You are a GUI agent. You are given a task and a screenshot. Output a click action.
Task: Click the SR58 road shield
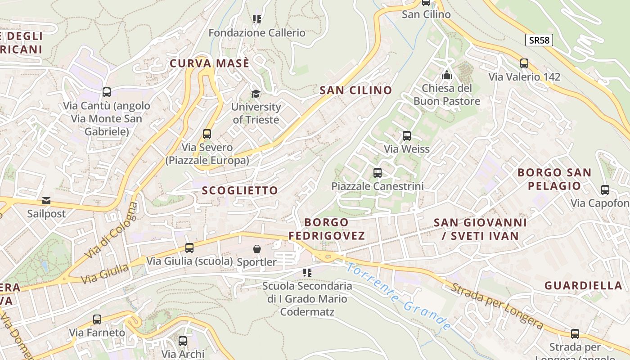coord(539,40)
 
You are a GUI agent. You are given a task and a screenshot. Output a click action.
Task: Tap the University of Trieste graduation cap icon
coord(256,94)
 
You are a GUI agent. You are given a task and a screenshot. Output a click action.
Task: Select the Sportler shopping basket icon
coord(256,249)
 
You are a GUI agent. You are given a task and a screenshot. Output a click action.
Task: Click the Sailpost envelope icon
coord(46,201)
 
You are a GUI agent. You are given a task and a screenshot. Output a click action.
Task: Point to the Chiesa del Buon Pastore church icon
coord(447,75)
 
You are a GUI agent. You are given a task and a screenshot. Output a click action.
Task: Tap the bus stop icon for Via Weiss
coord(407,135)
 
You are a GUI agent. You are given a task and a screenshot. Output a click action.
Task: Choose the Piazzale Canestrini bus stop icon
coord(378,172)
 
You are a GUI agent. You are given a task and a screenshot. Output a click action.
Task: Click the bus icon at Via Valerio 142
coord(524,63)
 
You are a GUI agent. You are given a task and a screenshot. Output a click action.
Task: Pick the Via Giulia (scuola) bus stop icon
coord(189,248)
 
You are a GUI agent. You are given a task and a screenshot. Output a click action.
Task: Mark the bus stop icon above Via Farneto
coord(97,319)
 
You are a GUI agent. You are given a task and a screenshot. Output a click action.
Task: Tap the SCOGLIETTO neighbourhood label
coord(240,190)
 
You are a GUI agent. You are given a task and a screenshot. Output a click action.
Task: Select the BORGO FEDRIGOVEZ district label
coord(327,229)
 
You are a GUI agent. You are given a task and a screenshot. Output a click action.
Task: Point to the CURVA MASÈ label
coord(209,63)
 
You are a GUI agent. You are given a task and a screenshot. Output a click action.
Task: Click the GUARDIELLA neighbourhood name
coord(583,285)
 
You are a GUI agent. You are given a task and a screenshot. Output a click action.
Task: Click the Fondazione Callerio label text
coord(257,33)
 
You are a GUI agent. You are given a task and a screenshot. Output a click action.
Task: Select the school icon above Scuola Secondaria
coord(307,272)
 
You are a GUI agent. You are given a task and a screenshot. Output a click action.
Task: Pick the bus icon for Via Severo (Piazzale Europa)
coord(207,134)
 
